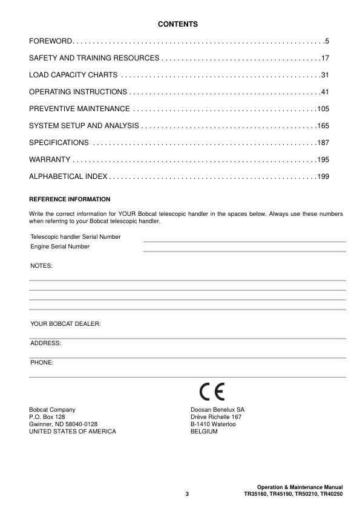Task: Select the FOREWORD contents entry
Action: tap(51, 41)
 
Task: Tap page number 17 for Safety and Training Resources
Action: tap(325, 58)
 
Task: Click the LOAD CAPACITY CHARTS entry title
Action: tap(73, 75)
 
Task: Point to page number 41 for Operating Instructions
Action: tap(325, 92)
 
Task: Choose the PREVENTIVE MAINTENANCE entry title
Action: tap(79, 109)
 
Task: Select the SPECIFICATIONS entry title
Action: tap(59, 143)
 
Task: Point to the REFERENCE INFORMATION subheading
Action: tap(70, 199)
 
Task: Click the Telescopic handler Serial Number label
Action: tap(76, 236)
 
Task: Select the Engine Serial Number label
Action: tap(60, 247)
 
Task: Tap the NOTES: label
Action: tap(42, 265)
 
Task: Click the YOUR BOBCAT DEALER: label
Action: tap(65, 324)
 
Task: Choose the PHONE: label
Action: tap(42, 363)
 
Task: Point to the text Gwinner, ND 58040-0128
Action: tap(64, 424)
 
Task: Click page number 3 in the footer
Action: tap(188, 495)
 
